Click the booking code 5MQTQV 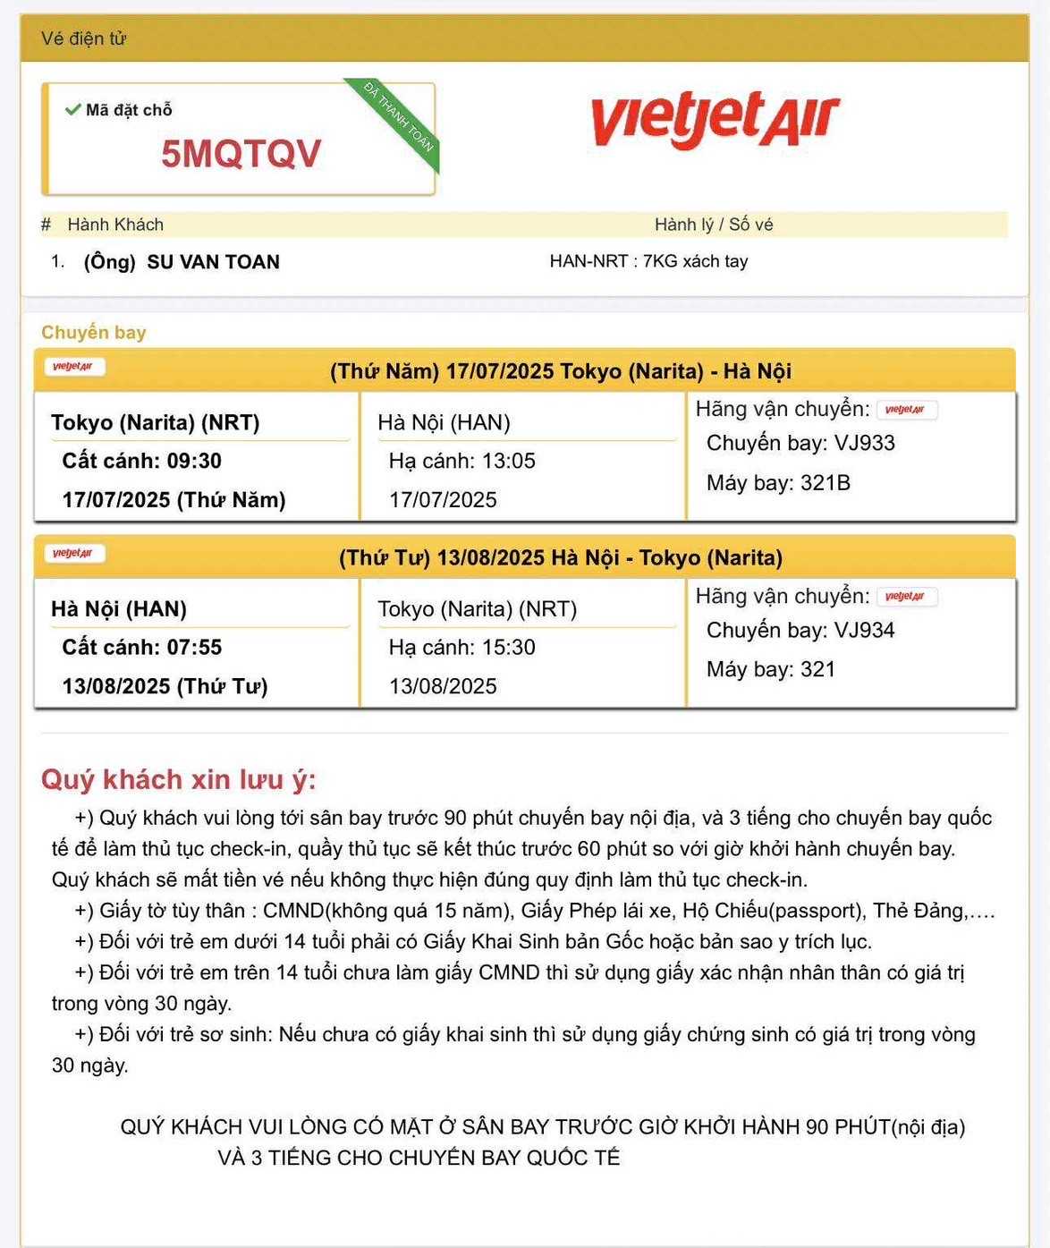tap(241, 154)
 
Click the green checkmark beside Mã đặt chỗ tap(73, 110)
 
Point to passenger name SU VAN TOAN tap(213, 262)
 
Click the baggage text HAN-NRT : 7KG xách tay tap(648, 261)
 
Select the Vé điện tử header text tap(83, 38)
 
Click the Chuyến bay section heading tap(93, 333)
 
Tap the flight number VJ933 tap(864, 443)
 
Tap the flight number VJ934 tap(864, 630)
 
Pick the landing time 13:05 tap(508, 461)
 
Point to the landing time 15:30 tap(508, 647)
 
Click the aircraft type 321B tap(825, 483)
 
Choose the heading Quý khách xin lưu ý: tap(178, 779)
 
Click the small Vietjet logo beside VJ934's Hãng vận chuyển tap(906, 597)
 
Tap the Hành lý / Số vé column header tap(713, 225)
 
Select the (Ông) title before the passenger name tap(109, 262)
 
